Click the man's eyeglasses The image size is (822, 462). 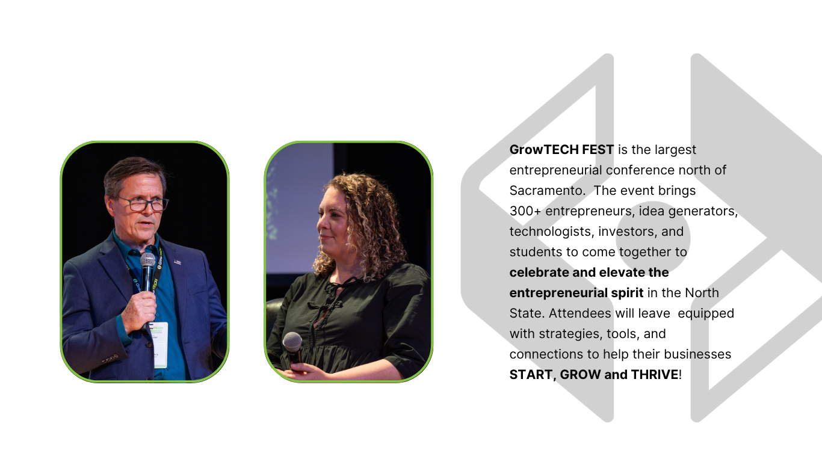point(143,204)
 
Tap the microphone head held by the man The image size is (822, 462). point(147,260)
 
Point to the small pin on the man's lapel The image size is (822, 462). point(178,262)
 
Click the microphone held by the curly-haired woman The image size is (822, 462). point(294,350)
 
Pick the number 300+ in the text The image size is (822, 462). point(525,211)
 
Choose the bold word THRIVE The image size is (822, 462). point(655,375)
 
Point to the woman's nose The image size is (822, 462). point(320,221)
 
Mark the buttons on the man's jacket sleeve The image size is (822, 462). point(110,359)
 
